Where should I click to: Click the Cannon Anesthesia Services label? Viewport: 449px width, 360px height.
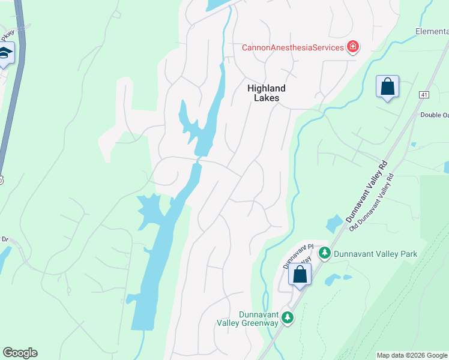point(292,47)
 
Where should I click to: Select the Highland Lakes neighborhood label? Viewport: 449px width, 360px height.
point(267,93)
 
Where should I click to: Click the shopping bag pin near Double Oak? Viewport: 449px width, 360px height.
point(388,86)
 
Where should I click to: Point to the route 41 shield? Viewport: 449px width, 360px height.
point(424,95)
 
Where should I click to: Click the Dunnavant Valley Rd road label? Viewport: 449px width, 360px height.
point(368,192)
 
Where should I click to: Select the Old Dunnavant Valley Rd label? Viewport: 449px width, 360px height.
point(372,202)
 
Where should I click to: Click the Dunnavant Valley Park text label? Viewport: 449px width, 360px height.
point(375,254)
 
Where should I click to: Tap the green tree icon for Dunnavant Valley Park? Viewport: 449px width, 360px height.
point(325,253)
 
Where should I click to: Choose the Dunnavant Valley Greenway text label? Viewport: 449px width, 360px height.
point(259,319)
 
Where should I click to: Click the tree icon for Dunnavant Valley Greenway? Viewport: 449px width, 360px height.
point(288,317)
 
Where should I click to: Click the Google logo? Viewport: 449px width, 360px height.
point(20,353)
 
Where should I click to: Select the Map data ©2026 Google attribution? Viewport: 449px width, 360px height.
point(412,355)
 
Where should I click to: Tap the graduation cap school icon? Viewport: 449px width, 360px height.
point(5,54)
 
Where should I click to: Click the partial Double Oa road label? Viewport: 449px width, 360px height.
point(434,115)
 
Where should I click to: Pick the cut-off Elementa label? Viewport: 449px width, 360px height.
point(432,31)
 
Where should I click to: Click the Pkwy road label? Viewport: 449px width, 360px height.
point(7,34)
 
